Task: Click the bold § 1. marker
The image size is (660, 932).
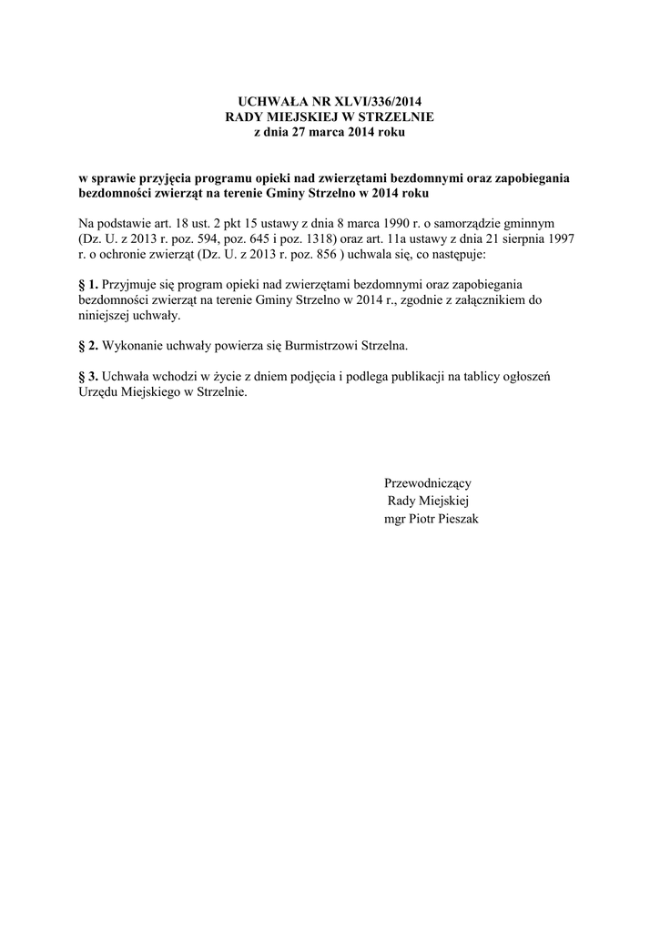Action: [88, 285]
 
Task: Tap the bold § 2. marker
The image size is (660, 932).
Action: [88, 347]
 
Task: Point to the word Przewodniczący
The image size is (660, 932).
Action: [428, 483]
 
